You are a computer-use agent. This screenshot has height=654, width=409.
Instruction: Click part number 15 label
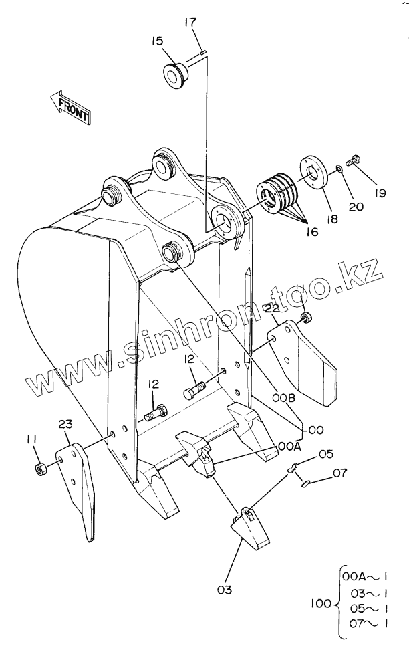click(157, 41)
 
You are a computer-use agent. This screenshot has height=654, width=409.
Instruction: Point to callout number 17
click(190, 22)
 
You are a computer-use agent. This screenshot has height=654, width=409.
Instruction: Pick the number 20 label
click(356, 206)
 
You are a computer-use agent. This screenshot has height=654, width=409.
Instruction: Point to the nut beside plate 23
click(40, 468)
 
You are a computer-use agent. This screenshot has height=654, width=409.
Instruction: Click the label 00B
click(284, 397)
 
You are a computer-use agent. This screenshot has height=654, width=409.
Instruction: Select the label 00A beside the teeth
click(289, 444)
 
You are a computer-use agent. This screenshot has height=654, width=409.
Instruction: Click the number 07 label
click(339, 474)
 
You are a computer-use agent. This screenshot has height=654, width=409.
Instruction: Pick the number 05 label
click(325, 455)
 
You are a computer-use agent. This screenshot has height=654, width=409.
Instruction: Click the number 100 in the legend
click(321, 603)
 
